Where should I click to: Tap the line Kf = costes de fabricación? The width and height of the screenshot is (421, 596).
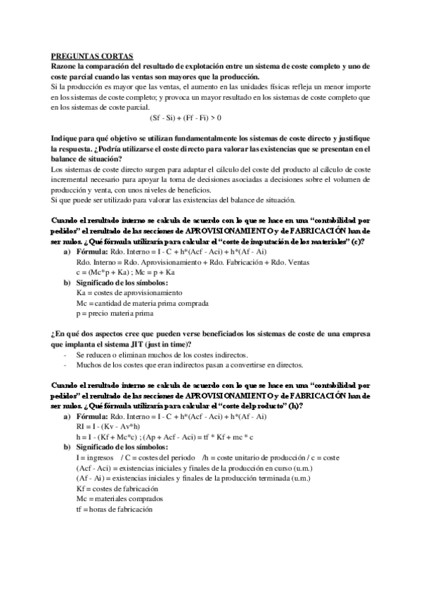coord(117,488)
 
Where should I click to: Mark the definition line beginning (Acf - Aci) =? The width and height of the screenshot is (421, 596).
coord(195,467)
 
